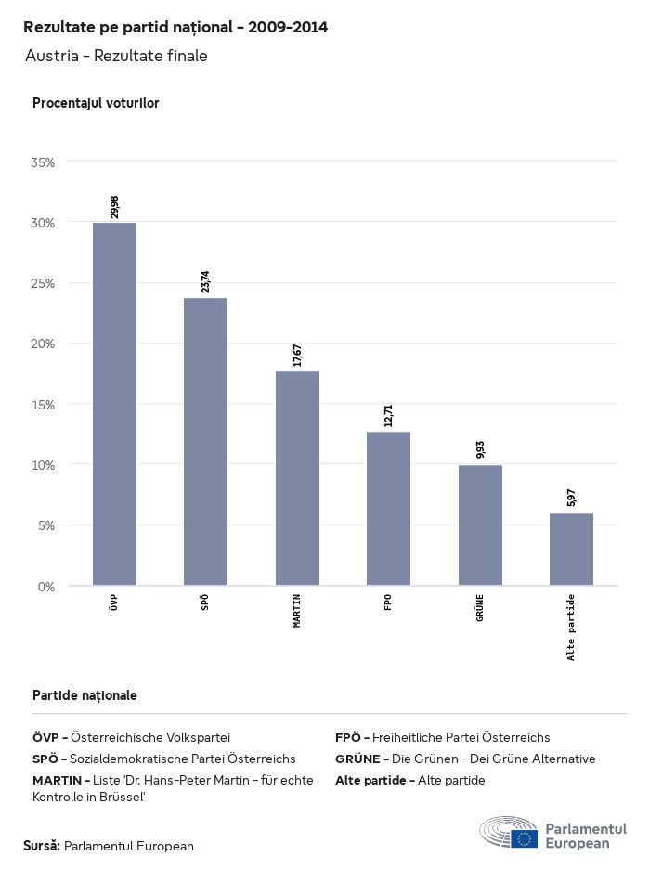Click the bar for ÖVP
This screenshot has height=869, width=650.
pyautogui.click(x=114, y=404)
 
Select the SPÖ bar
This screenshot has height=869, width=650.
pyautogui.click(x=205, y=442)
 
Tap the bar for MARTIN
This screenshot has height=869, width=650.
pyautogui.click(x=297, y=478)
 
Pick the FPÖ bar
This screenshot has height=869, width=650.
pyautogui.click(x=388, y=509)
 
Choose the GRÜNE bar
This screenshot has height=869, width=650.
pyautogui.click(x=480, y=525)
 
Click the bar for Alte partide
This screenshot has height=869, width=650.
pyautogui.click(x=571, y=550)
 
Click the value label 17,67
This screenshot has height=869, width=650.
pyautogui.click(x=297, y=355)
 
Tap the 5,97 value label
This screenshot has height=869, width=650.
pyautogui.click(x=571, y=498)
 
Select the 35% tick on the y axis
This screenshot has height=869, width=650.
pyautogui.click(x=44, y=162)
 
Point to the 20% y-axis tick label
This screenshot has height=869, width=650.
pyautogui.click(x=44, y=344)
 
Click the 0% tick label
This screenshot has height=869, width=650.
pyautogui.click(x=46, y=586)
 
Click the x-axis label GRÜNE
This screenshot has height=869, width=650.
pyautogui.click(x=480, y=608)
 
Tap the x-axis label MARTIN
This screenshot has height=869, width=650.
pyautogui.click(x=297, y=612)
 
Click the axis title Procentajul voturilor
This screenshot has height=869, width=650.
pyautogui.click(x=96, y=103)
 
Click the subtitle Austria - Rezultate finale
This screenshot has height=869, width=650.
pyautogui.click(x=116, y=56)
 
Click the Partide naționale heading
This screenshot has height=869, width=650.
pyautogui.click(x=84, y=695)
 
